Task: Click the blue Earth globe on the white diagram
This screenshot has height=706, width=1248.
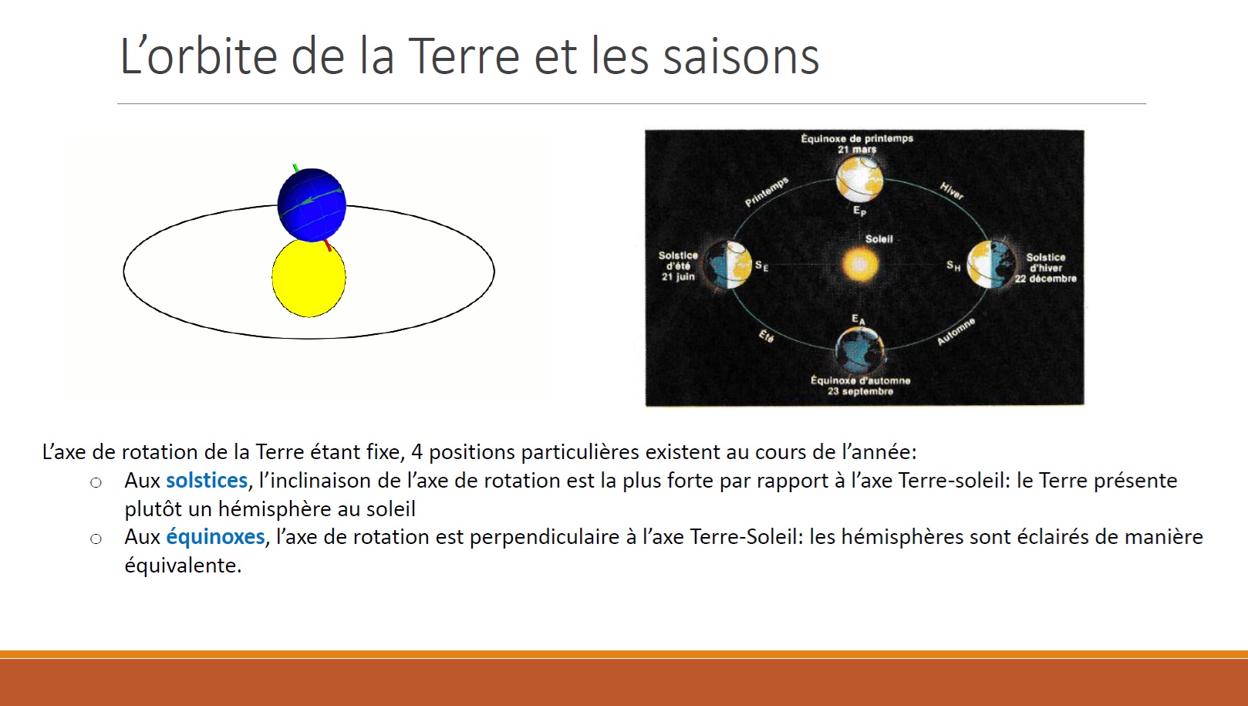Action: pyautogui.click(x=312, y=204)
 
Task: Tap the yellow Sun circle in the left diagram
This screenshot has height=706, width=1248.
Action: pyautogui.click(x=309, y=278)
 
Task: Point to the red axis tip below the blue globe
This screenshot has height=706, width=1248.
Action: pyautogui.click(x=328, y=245)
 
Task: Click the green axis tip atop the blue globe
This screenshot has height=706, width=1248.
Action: pyautogui.click(x=295, y=167)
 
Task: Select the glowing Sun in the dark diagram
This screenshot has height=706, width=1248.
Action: pyautogui.click(x=860, y=264)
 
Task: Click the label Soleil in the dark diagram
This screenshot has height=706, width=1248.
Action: pyautogui.click(x=879, y=239)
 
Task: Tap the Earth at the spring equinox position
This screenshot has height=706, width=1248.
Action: pyautogui.click(x=859, y=179)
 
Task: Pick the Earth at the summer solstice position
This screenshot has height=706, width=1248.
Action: pyautogui.click(x=727, y=265)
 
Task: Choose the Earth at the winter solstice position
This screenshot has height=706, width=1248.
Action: pyautogui.click(x=990, y=265)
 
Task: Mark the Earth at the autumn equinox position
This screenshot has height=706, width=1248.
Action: pyautogui.click(x=859, y=350)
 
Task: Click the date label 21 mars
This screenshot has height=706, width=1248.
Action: pyautogui.click(x=857, y=150)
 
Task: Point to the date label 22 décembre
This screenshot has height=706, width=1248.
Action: pyautogui.click(x=1046, y=279)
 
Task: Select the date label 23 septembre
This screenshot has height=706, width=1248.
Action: pyautogui.click(x=860, y=391)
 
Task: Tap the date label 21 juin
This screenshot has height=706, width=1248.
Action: pyautogui.click(x=678, y=277)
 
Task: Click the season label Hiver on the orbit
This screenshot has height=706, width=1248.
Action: pyautogui.click(x=952, y=191)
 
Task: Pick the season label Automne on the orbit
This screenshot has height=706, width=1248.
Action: pyautogui.click(x=956, y=332)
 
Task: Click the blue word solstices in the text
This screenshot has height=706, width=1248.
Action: pyautogui.click(x=207, y=481)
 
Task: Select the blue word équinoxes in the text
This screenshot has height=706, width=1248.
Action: pyautogui.click(x=215, y=537)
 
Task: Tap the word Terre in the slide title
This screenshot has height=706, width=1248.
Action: pyautogui.click(x=464, y=56)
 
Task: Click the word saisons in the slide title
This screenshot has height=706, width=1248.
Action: pyautogui.click(x=741, y=57)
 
